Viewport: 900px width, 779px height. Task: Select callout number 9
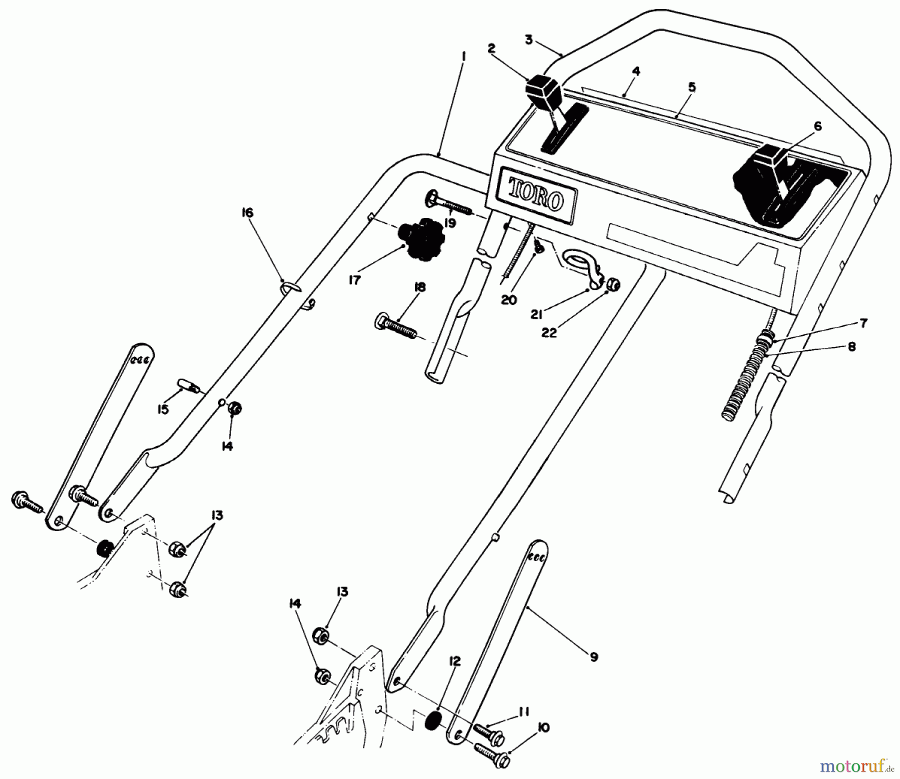(593, 657)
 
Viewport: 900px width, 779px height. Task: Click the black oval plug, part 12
(433, 722)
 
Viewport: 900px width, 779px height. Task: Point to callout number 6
(817, 127)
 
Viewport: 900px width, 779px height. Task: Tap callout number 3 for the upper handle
(529, 39)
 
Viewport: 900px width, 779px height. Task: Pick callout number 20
(509, 300)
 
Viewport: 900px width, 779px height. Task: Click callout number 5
(691, 87)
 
